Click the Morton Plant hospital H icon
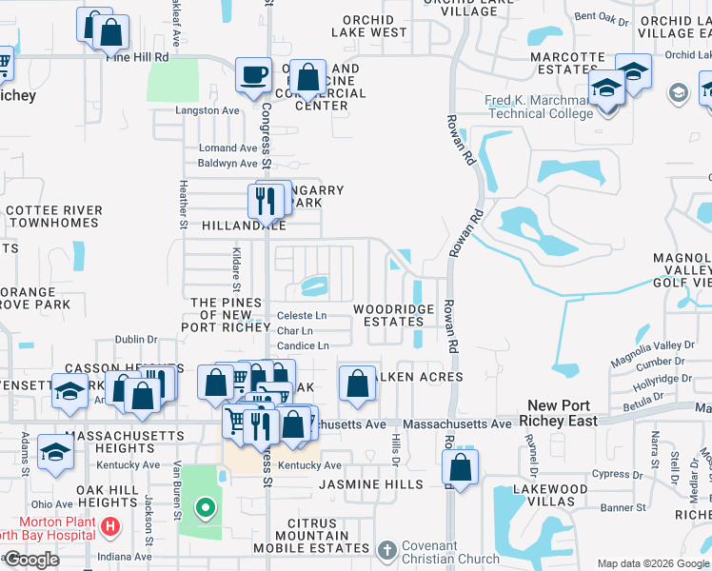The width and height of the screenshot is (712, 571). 111,525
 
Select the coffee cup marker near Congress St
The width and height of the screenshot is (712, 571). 253,75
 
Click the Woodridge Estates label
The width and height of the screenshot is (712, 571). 394,315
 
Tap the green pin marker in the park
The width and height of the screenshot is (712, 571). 204,508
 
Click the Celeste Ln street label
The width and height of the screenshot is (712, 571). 302,316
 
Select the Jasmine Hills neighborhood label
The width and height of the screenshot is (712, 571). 370,484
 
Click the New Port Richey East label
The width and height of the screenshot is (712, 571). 564,412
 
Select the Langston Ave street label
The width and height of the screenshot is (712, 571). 208,110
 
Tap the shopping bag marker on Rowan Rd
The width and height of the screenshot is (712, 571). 461,468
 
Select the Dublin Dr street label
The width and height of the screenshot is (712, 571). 136,339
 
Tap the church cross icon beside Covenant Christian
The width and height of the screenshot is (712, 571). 386,550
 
